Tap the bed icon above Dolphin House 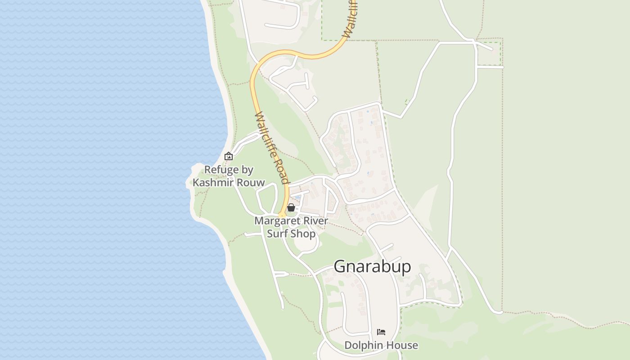point(381,332)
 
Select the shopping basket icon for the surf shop point(291,207)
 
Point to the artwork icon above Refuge point(229,156)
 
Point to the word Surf point(277,234)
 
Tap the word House point(404,345)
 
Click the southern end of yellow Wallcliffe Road point(282,215)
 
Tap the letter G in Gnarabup point(340,266)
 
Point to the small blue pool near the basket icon point(298,197)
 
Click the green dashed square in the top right point(489,53)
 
